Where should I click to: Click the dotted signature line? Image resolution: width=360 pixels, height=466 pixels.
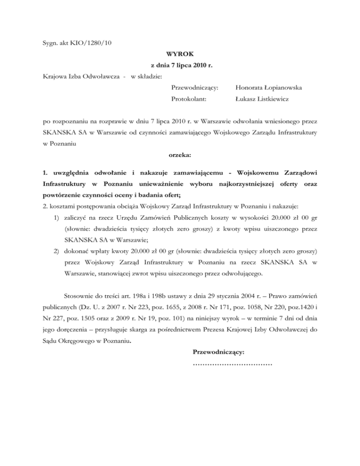pos(232,364)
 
